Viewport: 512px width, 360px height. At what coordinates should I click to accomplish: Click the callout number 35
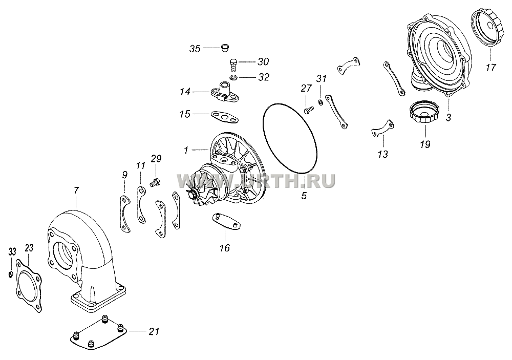click(195, 49)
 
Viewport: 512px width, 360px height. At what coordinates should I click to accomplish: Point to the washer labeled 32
click(233, 78)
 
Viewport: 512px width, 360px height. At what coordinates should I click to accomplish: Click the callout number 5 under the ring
click(304, 196)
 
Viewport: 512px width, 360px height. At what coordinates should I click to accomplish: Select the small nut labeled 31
click(321, 103)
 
